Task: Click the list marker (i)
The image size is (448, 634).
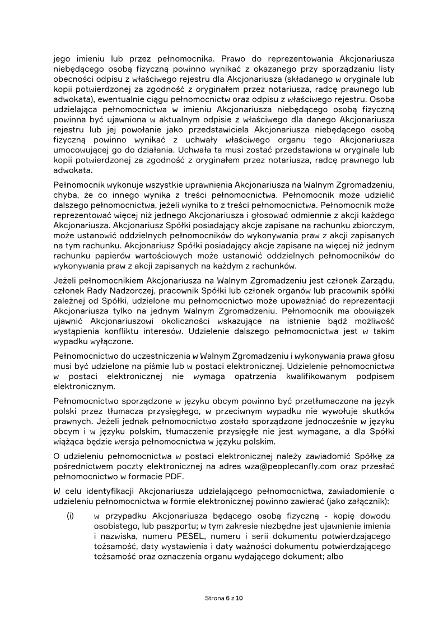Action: point(71,516)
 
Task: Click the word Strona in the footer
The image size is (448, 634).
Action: point(214,598)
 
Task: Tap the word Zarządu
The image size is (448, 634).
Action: point(375,280)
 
